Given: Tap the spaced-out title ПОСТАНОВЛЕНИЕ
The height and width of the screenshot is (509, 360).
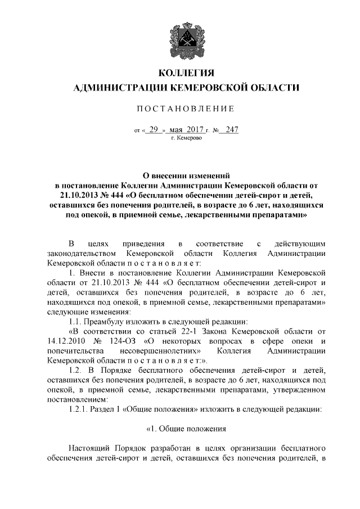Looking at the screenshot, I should pyautogui.click(x=180, y=107).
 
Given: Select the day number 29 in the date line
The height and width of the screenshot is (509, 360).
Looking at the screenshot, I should pyautogui.click(x=152, y=130).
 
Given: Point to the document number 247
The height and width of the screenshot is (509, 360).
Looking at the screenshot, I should pyautogui.click(x=231, y=130).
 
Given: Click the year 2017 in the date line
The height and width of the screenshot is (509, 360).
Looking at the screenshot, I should pyautogui.click(x=193, y=130).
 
